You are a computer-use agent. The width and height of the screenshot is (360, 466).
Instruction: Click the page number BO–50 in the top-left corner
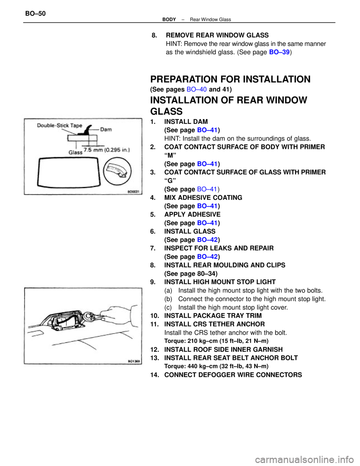[x=35, y=14]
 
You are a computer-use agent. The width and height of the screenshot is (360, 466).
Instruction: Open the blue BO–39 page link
[x=279, y=52]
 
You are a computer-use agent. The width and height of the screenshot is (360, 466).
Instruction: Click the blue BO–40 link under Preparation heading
[x=196, y=89]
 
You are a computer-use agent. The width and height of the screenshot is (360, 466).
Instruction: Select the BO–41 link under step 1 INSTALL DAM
[x=207, y=130]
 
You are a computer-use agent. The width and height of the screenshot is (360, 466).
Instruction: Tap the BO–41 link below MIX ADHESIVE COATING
[x=207, y=206]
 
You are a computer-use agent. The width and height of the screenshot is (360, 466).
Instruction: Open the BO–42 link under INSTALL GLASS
[x=207, y=240]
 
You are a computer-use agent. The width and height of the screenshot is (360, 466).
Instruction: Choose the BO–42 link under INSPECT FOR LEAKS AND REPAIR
[x=207, y=257]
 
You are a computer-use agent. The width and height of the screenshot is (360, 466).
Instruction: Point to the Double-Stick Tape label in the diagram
[x=59, y=125]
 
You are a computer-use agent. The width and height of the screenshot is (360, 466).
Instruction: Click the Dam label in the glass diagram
[x=106, y=129]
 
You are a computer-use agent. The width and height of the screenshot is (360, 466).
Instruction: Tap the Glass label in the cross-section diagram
[x=75, y=152]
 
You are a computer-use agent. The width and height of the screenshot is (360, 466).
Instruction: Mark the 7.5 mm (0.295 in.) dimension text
[x=107, y=150]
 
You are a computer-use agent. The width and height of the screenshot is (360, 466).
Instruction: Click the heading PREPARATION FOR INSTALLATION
[x=230, y=79]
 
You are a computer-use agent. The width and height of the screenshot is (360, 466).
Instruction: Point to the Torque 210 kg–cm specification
[x=216, y=341]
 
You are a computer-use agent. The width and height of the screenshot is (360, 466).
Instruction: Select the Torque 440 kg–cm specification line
[x=216, y=366]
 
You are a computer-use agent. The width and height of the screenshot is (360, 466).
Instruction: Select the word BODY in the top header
[x=169, y=20]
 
